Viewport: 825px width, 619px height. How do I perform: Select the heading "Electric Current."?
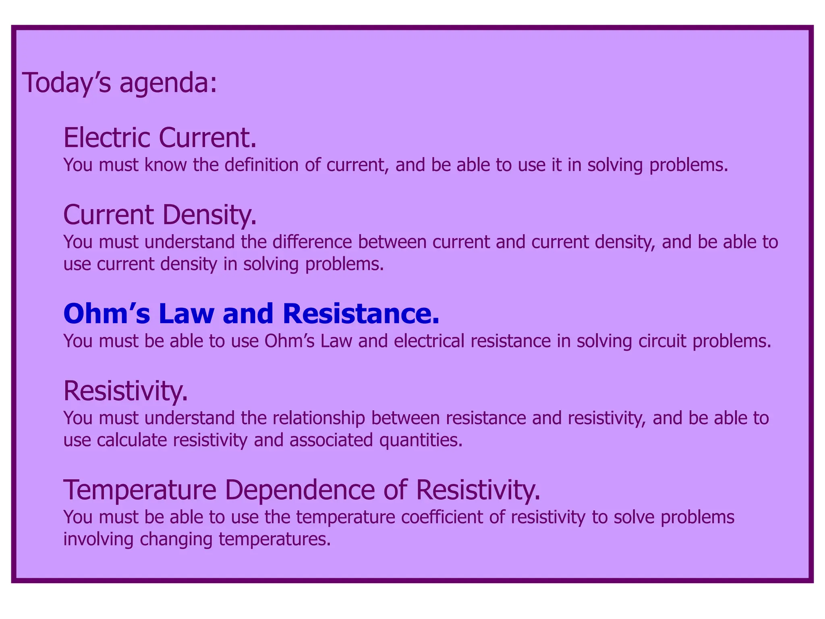[x=160, y=138]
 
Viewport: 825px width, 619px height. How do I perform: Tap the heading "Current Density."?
[x=160, y=215]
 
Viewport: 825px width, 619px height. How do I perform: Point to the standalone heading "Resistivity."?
[x=126, y=391]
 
